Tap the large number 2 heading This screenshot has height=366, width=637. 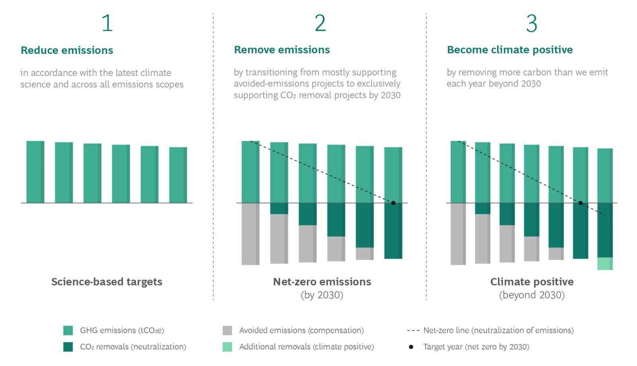click(x=320, y=23)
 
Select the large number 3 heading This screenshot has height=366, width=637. click(x=531, y=23)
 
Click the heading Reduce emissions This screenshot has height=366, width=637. click(x=67, y=50)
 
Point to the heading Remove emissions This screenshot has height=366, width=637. click(x=282, y=50)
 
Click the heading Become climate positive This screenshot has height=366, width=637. click(x=510, y=50)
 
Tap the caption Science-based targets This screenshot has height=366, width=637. click(x=107, y=282)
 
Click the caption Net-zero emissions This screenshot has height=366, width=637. click(x=322, y=282)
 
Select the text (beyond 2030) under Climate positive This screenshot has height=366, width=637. click(x=531, y=295)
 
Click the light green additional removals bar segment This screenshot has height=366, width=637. click(x=605, y=263)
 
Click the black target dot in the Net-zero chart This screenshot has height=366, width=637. click(x=393, y=203)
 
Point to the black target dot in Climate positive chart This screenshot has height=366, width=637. click(x=580, y=203)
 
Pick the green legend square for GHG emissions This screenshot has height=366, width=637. click(x=68, y=330)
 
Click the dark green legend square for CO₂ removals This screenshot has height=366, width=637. click(x=68, y=347)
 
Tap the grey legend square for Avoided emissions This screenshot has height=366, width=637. click(x=227, y=330)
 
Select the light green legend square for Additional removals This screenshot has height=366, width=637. click(x=227, y=347)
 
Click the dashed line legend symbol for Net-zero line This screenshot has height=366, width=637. click(x=413, y=331)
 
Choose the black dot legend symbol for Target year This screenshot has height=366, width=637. click(x=411, y=347)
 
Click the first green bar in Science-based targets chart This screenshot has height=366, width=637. click(x=35, y=172)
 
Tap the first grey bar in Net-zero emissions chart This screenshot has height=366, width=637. click(x=250, y=234)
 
